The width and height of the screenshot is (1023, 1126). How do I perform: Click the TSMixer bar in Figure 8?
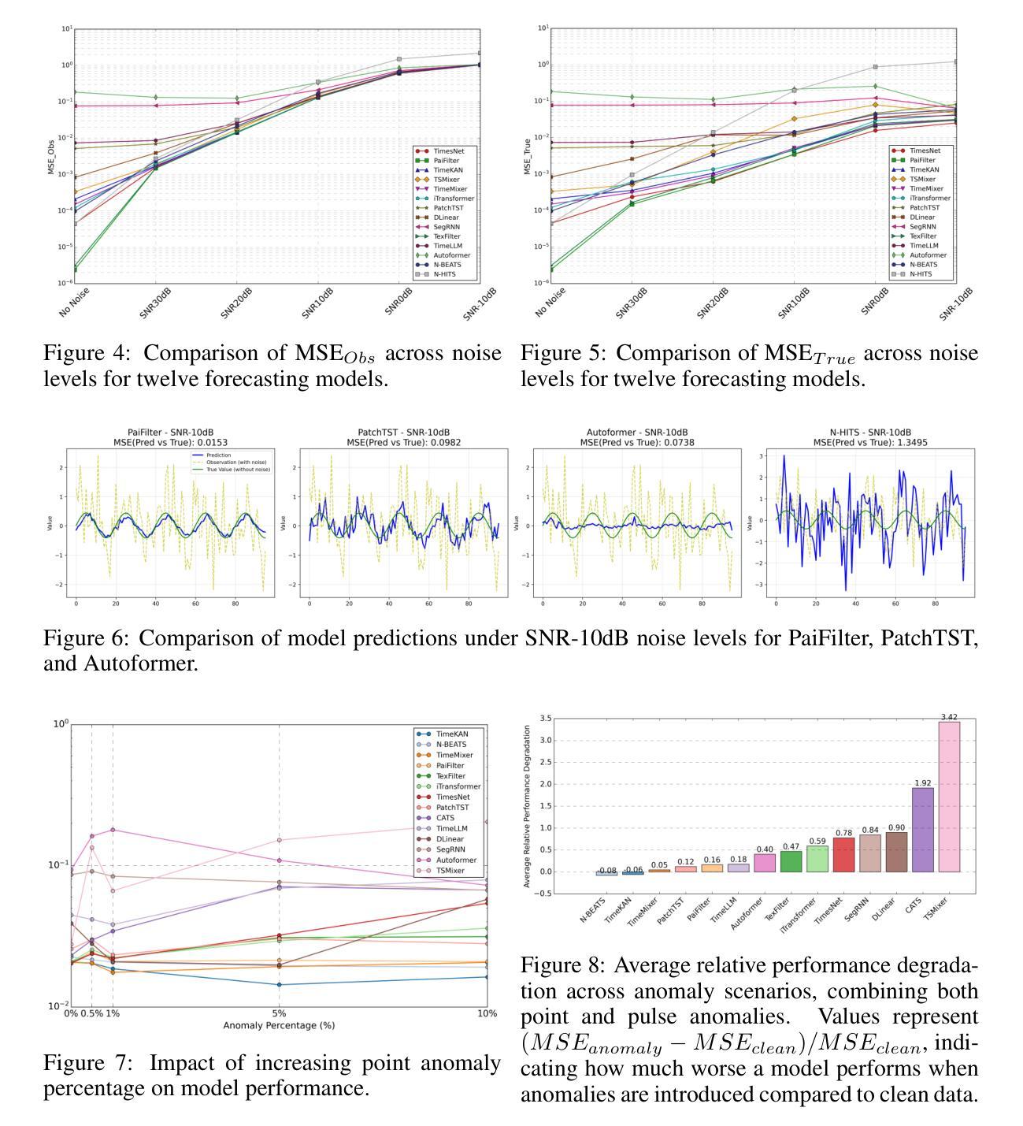click(x=948, y=796)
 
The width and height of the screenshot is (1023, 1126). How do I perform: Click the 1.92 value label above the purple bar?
click(x=922, y=783)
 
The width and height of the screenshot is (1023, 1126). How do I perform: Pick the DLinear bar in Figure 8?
click(x=896, y=852)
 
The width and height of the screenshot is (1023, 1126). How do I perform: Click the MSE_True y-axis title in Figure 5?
click(x=527, y=156)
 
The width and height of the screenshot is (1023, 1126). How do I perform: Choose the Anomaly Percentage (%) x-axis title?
click(x=279, y=1025)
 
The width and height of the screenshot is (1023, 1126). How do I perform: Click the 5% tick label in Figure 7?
click(x=279, y=1013)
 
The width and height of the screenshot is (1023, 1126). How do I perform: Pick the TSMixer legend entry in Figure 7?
click(x=450, y=871)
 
